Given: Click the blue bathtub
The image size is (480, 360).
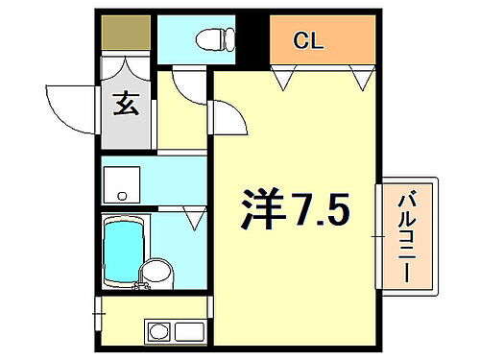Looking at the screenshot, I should pos(123,248).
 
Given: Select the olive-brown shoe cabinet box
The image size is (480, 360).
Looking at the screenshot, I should pos(126,34).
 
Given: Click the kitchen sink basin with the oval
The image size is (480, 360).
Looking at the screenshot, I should pos(158,332).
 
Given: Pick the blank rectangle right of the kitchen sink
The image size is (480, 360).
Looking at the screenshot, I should pos(188,332).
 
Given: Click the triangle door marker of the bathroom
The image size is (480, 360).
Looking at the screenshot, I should pos(195,220).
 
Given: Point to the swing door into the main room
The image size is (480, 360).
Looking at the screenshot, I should pos(227,121).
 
